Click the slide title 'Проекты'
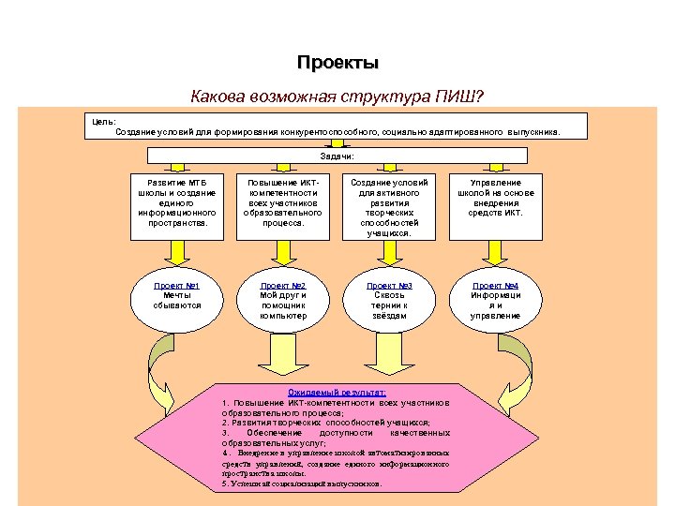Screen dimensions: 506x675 tap(338, 63)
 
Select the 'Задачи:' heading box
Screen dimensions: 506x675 tap(337, 156)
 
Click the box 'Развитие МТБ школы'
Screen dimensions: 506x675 tap(176, 203)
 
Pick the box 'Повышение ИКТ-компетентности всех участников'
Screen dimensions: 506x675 tap(283, 203)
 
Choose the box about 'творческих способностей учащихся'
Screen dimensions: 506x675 tap(389, 207)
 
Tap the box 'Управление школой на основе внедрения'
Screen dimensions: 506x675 tap(495, 198)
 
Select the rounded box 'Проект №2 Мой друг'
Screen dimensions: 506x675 tap(283, 300)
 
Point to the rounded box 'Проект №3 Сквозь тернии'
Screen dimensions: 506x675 tap(389, 300)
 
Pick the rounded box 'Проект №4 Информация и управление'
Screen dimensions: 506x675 tap(495, 300)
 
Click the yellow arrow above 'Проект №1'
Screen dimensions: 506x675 tap(176, 250)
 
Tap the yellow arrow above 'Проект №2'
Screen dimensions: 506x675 tap(283, 250)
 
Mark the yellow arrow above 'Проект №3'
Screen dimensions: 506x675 tap(389, 250)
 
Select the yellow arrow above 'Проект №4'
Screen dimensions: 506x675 tap(495, 250)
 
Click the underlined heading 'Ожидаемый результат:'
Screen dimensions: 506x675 tap(337, 393)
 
